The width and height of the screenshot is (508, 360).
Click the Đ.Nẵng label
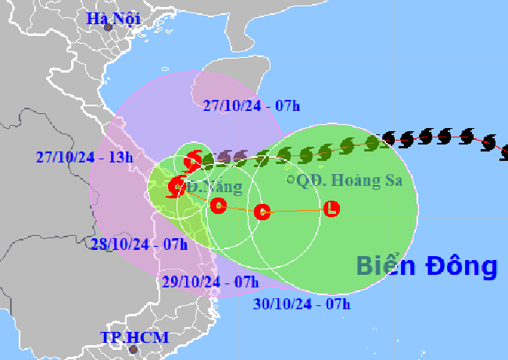pyautogui.click(x=213, y=187)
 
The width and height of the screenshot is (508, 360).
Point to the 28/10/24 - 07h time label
pyautogui.click(x=139, y=244)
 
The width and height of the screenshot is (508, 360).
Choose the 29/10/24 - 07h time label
pyautogui.click(x=209, y=282)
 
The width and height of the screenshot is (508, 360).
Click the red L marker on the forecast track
pyautogui.click(x=332, y=209)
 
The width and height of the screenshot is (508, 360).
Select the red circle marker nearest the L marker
pyautogui.click(x=263, y=211)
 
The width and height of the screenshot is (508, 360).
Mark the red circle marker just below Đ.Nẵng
pyautogui.click(x=219, y=205)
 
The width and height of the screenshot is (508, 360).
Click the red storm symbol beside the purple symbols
pyautogui.click(x=192, y=162)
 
